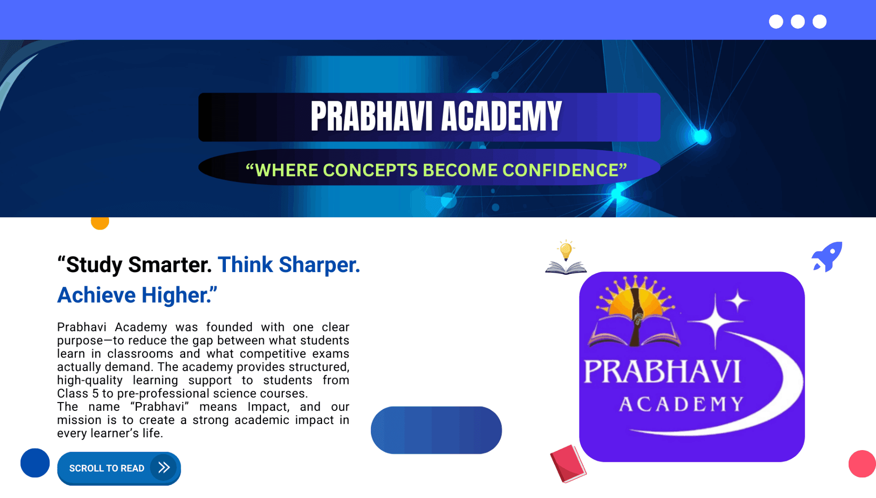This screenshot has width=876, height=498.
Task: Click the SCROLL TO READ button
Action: (119, 468)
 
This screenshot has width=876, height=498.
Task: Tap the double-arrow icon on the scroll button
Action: (164, 467)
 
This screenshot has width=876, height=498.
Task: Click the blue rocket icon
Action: (827, 257)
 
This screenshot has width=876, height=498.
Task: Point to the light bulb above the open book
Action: (566, 250)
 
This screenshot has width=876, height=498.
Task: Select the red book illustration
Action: (568, 463)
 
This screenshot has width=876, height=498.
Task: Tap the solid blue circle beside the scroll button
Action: (35, 463)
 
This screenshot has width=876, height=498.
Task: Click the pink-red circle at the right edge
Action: (862, 464)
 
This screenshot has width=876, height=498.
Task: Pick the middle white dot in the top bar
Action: (798, 21)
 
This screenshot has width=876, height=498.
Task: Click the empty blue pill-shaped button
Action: (436, 430)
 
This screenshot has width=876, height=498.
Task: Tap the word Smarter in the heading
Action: (170, 265)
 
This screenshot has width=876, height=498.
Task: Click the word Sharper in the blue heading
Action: (319, 265)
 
